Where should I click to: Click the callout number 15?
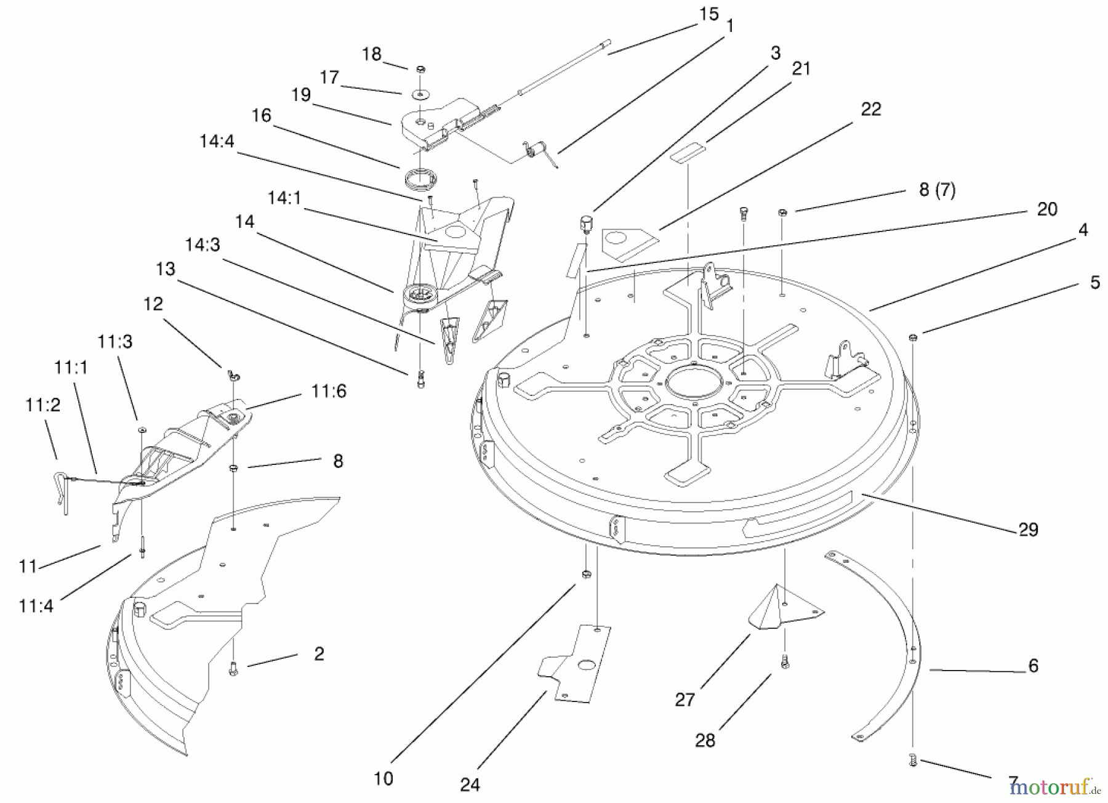(709, 14)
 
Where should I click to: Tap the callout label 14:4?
(217, 141)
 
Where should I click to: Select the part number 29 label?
(1028, 530)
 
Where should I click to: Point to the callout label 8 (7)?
(937, 190)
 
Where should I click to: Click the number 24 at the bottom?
(470, 785)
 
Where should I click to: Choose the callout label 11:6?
(329, 391)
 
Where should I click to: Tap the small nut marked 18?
(421, 68)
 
